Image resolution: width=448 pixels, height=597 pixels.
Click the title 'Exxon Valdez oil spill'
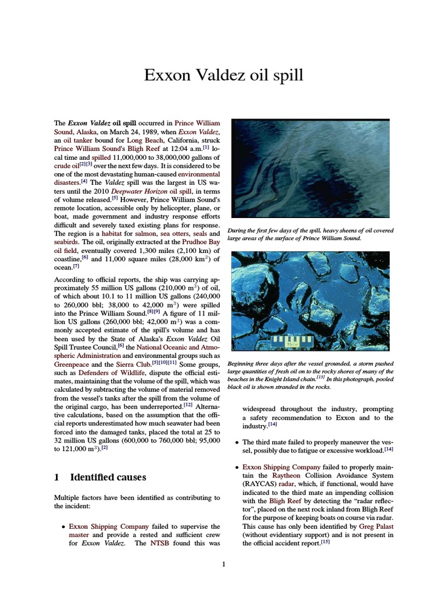point(224,75)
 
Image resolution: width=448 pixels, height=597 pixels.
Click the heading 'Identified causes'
point(108,477)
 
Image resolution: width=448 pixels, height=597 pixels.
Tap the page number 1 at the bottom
point(224,564)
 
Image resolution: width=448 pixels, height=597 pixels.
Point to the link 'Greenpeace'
point(72,364)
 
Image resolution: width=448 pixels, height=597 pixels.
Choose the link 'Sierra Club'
point(132,364)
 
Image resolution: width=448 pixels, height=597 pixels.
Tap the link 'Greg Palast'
point(376,525)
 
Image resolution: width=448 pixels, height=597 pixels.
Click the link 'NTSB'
point(160,542)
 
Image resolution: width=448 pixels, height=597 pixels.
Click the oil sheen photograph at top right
point(310,168)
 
